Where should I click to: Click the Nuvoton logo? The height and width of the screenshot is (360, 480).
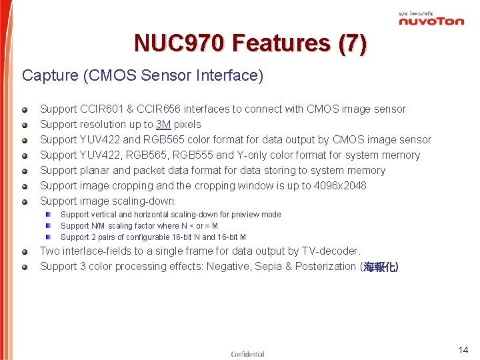click(x=431, y=19)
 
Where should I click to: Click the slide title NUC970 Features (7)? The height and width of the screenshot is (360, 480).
click(x=250, y=43)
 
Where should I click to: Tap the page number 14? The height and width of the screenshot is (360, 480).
click(x=463, y=350)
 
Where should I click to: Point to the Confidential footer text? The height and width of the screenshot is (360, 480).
click(x=247, y=354)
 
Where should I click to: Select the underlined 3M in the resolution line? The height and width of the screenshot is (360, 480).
click(x=163, y=124)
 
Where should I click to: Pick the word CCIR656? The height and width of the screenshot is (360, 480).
click(x=159, y=109)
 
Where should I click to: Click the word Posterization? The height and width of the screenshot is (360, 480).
click(x=325, y=267)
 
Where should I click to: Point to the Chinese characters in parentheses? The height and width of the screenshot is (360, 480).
click(x=381, y=267)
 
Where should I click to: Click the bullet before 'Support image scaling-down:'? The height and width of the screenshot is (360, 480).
click(x=25, y=201)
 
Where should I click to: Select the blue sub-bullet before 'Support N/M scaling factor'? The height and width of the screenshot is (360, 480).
click(x=49, y=226)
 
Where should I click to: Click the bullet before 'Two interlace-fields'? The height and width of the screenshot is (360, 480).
click(x=25, y=252)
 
